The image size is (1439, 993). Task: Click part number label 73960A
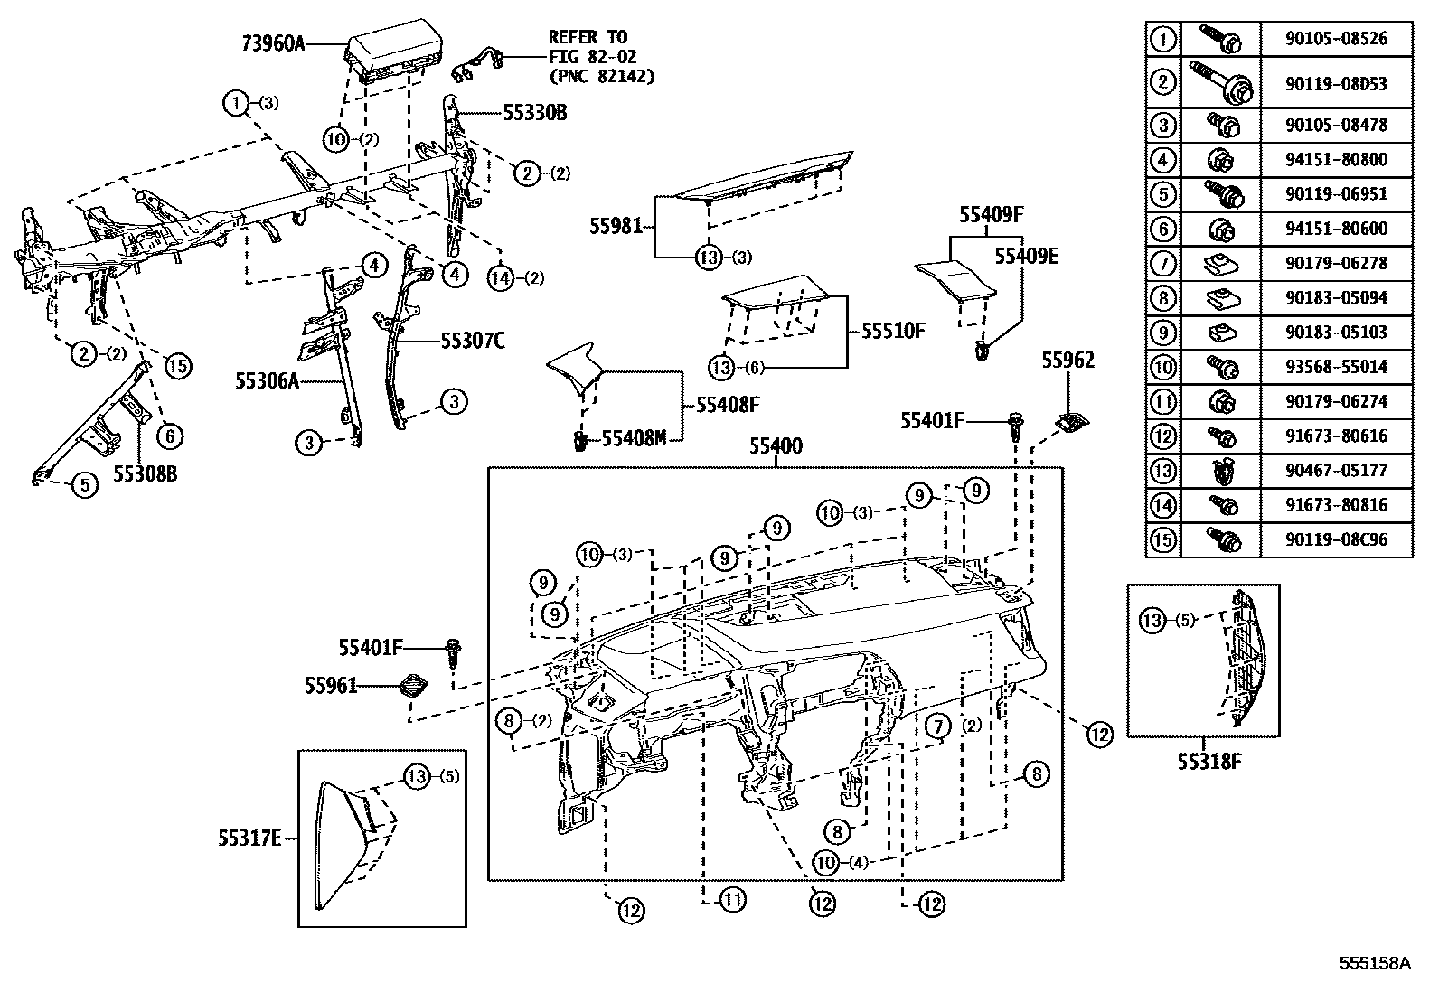(x=274, y=42)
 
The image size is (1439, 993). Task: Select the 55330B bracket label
(x=535, y=113)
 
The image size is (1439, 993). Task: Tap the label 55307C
(x=472, y=341)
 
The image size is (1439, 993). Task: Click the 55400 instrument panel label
(x=776, y=446)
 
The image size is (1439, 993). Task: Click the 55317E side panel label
(x=249, y=838)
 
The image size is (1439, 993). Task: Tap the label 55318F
(x=1209, y=761)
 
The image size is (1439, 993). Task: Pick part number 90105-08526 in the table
(x=1336, y=39)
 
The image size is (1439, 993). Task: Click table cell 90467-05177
(x=1336, y=471)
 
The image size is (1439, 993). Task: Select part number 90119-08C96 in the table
(x=1336, y=540)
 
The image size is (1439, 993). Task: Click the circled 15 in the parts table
(x=1162, y=540)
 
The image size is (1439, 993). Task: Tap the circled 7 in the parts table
(x=1162, y=264)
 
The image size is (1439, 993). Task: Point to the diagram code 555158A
(x=1374, y=963)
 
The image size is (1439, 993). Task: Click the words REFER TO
(x=588, y=37)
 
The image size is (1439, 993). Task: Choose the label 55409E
(x=1026, y=256)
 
